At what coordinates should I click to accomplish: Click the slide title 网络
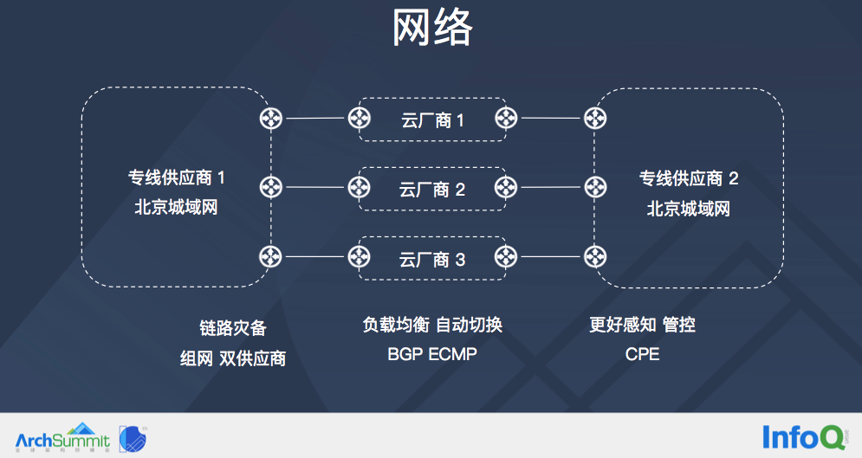pyautogui.click(x=431, y=29)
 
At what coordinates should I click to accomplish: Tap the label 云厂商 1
pyautogui.click(x=432, y=120)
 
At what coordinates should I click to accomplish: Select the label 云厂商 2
pyautogui.click(x=432, y=189)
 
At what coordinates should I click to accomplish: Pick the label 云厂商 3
pyautogui.click(x=432, y=258)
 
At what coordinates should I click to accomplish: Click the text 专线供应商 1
pyautogui.click(x=177, y=178)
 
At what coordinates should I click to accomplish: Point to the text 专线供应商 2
pyautogui.click(x=689, y=179)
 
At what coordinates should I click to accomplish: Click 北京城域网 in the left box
pyautogui.click(x=176, y=208)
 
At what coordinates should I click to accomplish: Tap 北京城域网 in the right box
pyautogui.click(x=689, y=209)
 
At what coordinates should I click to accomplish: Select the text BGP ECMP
pyautogui.click(x=432, y=354)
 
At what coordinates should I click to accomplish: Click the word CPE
pyautogui.click(x=642, y=354)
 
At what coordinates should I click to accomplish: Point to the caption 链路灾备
pyautogui.click(x=232, y=329)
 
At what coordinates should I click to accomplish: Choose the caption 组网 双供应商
pyautogui.click(x=232, y=358)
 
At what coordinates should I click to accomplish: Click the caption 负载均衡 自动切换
pyautogui.click(x=432, y=325)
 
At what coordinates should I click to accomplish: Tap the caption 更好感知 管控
pyautogui.click(x=642, y=325)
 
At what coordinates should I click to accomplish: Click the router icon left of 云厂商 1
pyautogui.click(x=359, y=119)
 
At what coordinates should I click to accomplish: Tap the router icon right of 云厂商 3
pyautogui.click(x=506, y=256)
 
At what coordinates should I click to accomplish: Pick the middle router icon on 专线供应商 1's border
pyautogui.click(x=271, y=187)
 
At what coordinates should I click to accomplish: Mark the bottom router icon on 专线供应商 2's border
pyautogui.click(x=594, y=256)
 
